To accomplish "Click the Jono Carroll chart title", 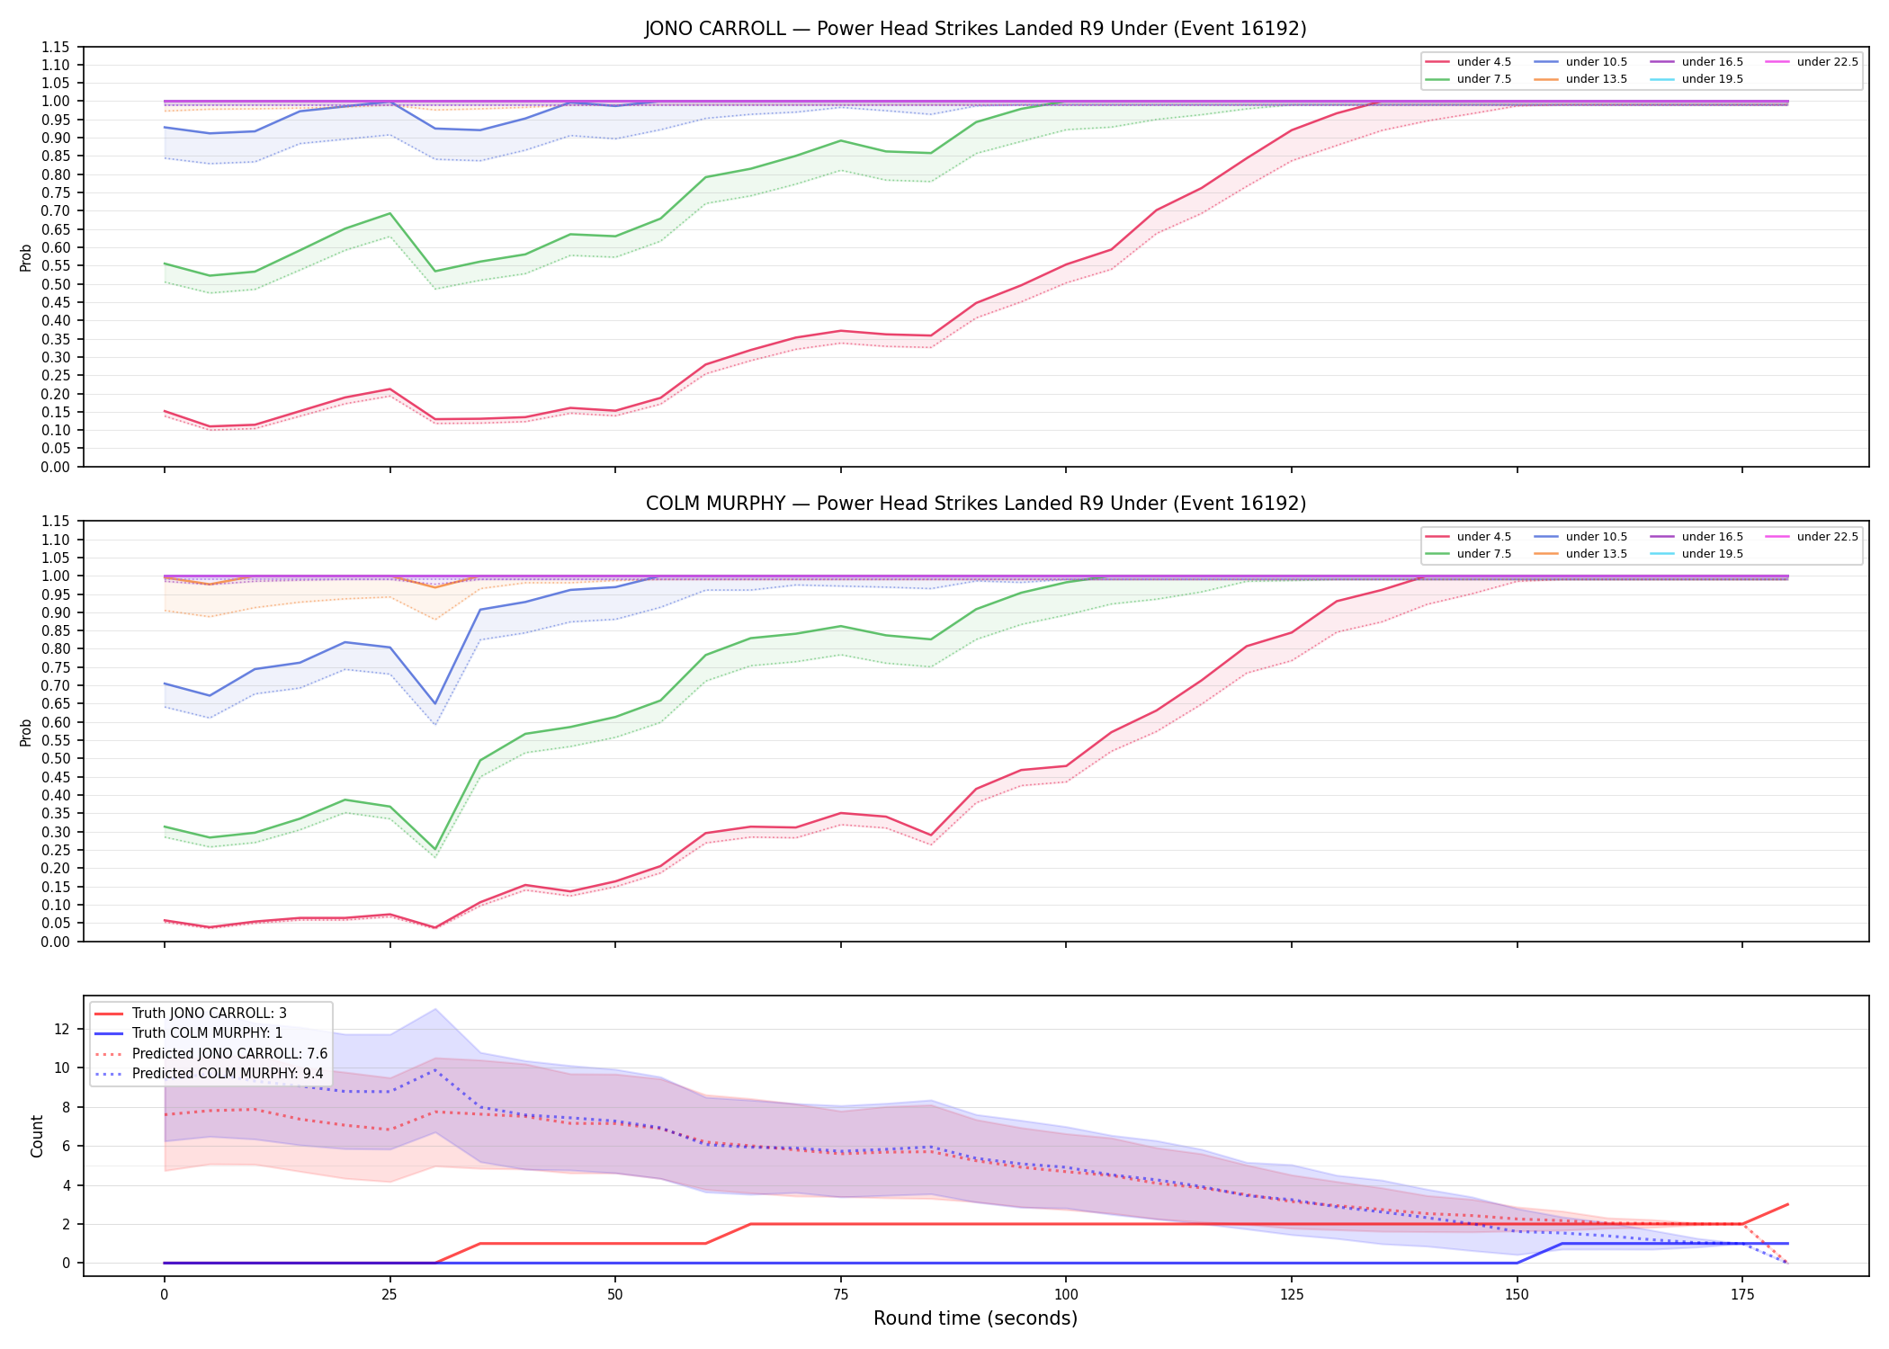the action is pyautogui.click(x=975, y=29).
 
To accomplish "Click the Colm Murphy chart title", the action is pyautogui.click(x=975, y=504).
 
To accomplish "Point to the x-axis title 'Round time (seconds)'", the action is pyautogui.click(x=975, y=1318).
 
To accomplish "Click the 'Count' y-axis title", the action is pyautogui.click(x=37, y=1136).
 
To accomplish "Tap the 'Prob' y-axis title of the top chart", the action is pyautogui.click(x=26, y=257).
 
